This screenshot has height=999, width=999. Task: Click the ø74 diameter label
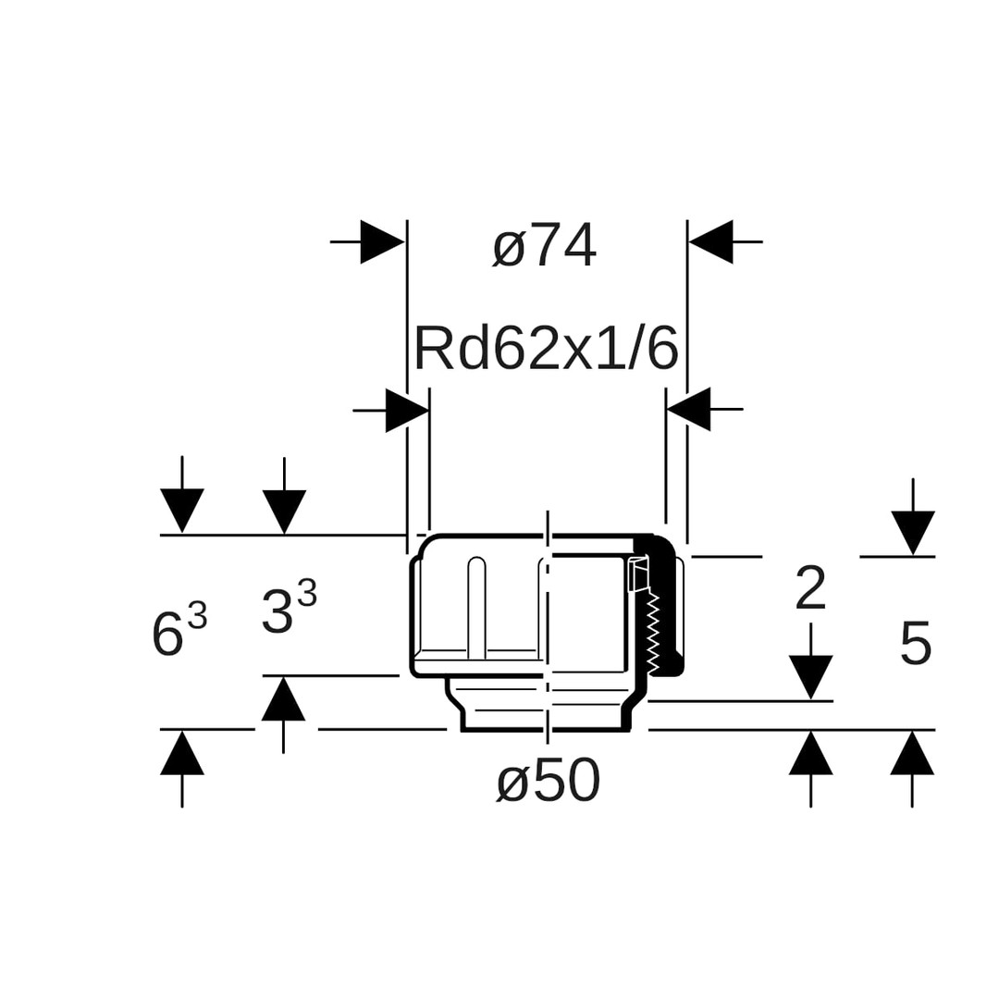pos(544,247)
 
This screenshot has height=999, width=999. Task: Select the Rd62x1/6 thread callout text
pos(546,350)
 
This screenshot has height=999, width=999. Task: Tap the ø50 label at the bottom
pos(549,782)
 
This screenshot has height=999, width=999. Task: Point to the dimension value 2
pos(810,588)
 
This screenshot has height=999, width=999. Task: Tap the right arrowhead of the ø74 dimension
pos(711,241)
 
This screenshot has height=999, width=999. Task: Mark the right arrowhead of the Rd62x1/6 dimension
pos(689,409)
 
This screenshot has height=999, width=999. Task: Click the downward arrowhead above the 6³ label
pos(182,510)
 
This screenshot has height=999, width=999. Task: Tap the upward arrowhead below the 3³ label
pos(283,699)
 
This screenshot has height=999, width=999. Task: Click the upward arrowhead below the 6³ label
pos(182,753)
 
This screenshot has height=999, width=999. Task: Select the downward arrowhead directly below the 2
pos(811,676)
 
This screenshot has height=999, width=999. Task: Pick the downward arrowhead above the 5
pos(913,532)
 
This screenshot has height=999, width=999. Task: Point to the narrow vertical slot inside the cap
pos(476,608)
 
